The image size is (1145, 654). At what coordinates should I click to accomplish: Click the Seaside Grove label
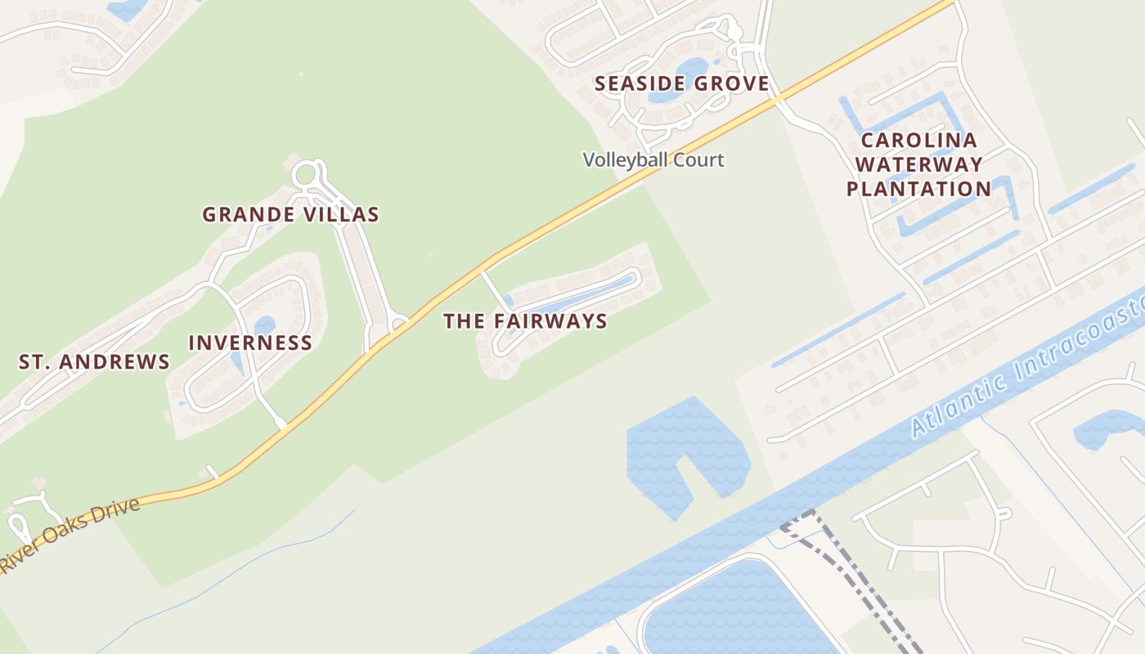click(681, 83)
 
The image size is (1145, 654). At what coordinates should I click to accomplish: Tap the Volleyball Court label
click(653, 159)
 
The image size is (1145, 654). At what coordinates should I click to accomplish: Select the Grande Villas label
click(290, 215)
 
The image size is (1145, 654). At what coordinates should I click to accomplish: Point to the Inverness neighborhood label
click(250, 343)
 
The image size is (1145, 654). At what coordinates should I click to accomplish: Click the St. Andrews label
click(94, 362)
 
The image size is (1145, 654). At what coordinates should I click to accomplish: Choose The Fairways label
click(525, 321)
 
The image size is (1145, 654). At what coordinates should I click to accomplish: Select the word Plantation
click(918, 190)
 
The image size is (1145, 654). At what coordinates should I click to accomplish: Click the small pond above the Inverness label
click(264, 325)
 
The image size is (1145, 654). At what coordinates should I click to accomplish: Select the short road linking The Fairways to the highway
click(493, 289)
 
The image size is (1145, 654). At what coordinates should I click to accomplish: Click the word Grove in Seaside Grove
click(730, 83)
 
